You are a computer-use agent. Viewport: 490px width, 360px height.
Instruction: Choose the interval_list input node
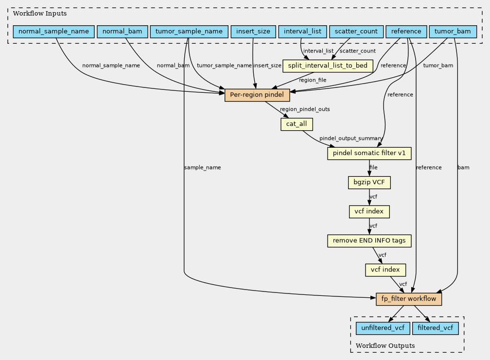pos(302,32)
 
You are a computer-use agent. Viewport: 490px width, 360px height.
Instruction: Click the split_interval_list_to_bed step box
pos(328,66)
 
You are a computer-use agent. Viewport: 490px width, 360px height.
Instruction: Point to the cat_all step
pos(296,124)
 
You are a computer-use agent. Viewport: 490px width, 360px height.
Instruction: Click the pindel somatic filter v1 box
pos(369,154)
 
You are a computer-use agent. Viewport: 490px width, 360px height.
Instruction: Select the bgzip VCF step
pos(369,183)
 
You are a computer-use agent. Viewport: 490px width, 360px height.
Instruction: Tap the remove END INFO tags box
pos(369,240)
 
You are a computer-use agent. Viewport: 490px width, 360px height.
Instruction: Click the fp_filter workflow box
pos(409,299)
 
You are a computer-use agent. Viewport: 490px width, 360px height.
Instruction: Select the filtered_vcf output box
pos(436,328)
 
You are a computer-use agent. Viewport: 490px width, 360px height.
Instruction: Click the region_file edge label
pos(313,80)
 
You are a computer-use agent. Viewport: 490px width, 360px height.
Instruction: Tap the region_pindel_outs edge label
pos(305,109)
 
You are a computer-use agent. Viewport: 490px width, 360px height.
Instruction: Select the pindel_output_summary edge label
pos(348,139)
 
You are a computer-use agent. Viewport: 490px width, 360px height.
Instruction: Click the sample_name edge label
pos(202,168)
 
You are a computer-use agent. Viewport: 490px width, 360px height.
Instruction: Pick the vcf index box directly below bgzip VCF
pos(369,212)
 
